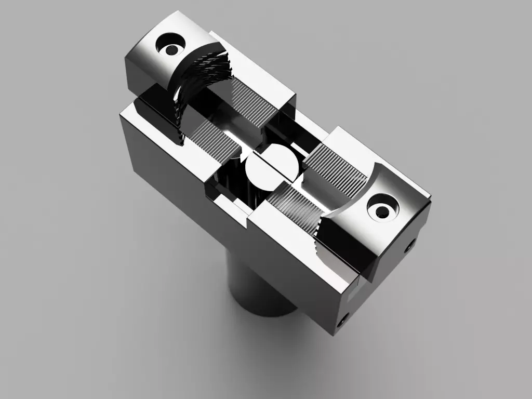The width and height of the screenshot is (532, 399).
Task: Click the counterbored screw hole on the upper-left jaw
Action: tap(170, 50)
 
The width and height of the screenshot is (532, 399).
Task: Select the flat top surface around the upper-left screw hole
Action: tap(151, 62)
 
